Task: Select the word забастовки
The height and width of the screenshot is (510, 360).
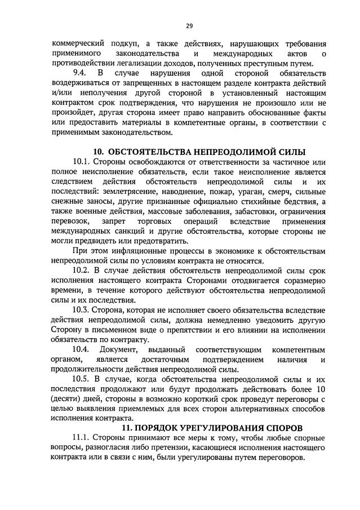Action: [x=255, y=212]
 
